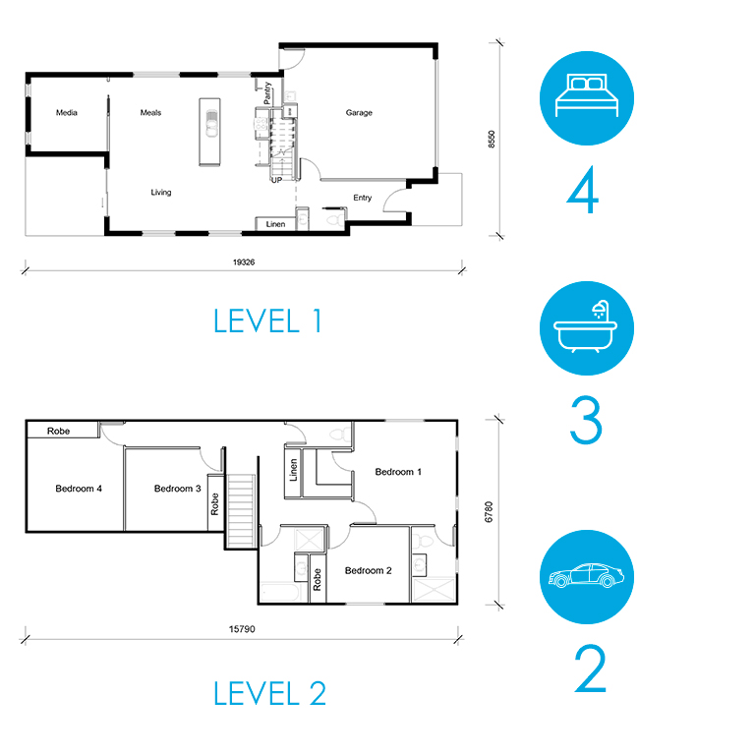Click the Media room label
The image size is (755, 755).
[67, 113]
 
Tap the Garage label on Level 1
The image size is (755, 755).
[359, 113]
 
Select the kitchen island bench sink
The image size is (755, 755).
[211, 124]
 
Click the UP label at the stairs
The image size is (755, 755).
[277, 180]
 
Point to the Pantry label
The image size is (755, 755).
[267, 93]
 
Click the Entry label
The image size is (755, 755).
[362, 198]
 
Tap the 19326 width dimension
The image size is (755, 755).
[244, 262]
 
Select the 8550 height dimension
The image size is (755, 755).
[492, 140]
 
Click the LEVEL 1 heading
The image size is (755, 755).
[267, 321]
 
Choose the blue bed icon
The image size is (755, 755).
[587, 98]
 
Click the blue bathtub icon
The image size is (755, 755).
[587, 328]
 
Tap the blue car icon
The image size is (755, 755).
[587, 577]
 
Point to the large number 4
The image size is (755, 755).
[583, 190]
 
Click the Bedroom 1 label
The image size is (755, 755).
[398, 472]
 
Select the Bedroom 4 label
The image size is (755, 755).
[79, 489]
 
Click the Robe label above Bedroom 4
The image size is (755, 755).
[58, 431]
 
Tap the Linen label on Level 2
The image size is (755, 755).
[293, 470]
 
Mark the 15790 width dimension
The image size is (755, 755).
[242, 629]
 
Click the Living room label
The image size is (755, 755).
[161, 193]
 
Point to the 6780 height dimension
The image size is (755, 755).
[489, 512]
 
